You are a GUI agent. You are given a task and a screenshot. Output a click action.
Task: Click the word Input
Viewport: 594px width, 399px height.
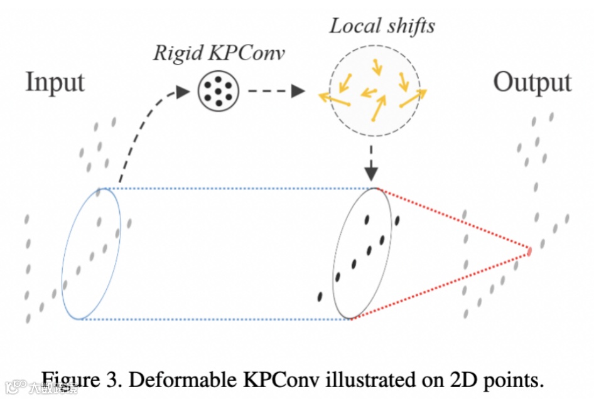click(x=55, y=83)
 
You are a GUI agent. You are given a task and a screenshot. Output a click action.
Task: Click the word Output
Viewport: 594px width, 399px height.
click(x=532, y=83)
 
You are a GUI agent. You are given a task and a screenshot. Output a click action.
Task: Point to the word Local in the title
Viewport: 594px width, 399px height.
click(x=353, y=26)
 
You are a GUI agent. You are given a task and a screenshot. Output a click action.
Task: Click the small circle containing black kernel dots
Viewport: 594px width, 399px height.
click(x=217, y=92)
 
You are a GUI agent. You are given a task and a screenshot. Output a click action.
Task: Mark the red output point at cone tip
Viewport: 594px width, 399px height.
click(x=529, y=252)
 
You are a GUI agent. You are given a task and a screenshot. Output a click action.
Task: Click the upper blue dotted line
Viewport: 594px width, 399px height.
click(x=235, y=188)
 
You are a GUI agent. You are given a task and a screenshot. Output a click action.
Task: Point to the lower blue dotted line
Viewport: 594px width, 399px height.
click(x=213, y=319)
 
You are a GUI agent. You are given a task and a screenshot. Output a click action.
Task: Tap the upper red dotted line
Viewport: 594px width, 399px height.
click(x=452, y=220)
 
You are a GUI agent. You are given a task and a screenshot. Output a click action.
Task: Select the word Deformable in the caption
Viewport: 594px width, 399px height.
click(x=166, y=380)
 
